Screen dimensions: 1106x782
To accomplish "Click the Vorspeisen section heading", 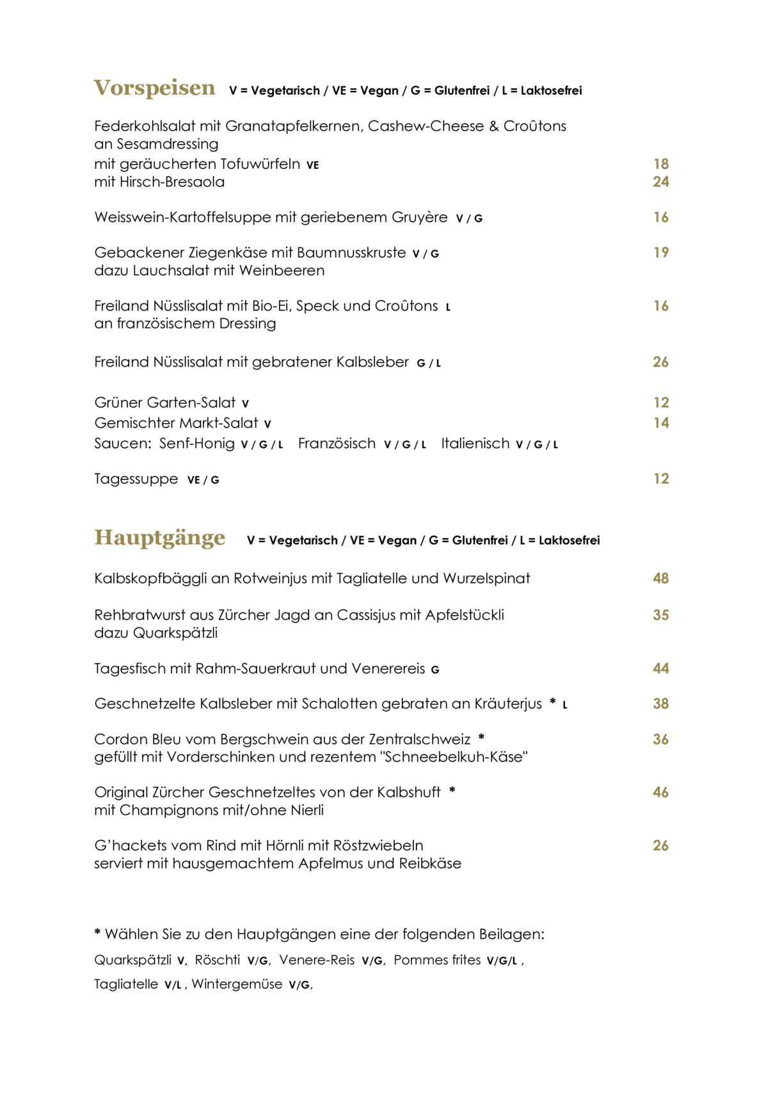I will pos(154,88).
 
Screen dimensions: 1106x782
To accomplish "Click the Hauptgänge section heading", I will pos(159,538).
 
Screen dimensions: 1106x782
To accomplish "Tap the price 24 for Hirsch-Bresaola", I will pos(660,182).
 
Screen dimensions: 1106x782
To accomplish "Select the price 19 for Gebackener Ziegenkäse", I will pos(660,252).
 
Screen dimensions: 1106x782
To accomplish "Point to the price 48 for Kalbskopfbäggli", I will pos(660,579).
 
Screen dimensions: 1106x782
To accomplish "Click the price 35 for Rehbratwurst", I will pos(660,615).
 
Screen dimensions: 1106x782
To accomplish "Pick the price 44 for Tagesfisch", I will pos(660,669).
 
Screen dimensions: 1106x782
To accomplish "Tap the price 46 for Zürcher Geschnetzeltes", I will pos(660,792).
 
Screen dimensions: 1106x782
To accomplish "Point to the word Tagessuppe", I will pos(136,479).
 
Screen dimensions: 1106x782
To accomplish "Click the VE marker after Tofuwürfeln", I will pos(312,165).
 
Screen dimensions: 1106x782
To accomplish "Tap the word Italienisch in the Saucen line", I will pos(475,444).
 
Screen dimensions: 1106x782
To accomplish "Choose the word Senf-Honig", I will pos(196,444).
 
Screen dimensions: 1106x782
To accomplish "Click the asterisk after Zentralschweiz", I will pos(481,738).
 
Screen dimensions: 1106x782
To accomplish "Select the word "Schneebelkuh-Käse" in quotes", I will pos(454,757).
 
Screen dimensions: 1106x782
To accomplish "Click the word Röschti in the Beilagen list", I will pos(217,960).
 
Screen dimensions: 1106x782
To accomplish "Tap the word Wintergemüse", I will pos(237,984).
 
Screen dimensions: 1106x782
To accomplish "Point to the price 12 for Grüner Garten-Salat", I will pos(660,403).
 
